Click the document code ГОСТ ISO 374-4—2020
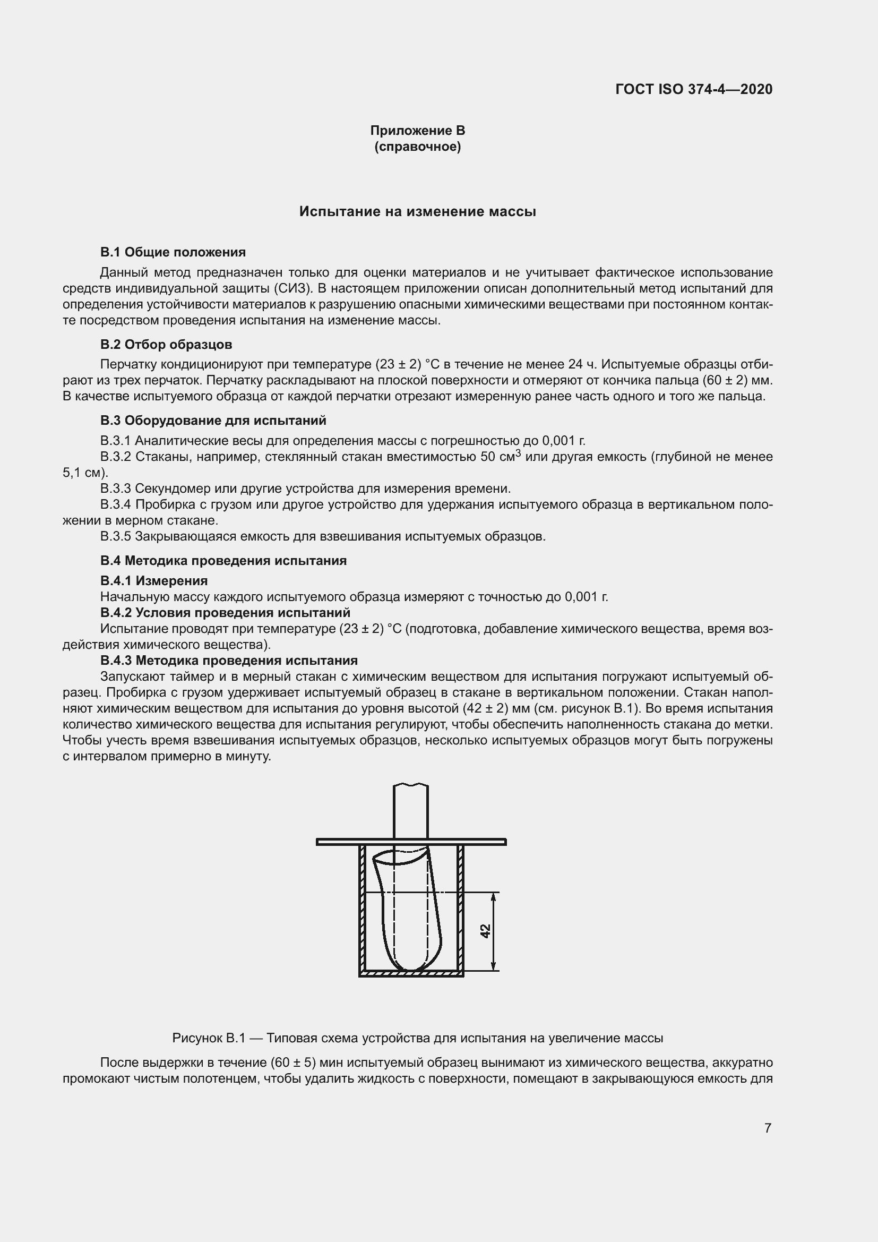(694, 89)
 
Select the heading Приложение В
(417, 131)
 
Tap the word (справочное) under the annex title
(417, 147)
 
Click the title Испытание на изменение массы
(417, 211)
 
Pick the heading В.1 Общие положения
(173, 252)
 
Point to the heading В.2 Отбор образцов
(166, 344)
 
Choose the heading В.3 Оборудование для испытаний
(213, 421)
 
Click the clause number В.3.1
(116, 440)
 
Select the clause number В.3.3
(116, 489)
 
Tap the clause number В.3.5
(116, 536)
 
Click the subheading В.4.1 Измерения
(154, 580)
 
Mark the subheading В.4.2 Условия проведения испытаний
(225, 612)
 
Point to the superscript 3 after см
(518, 453)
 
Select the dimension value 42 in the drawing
(485, 931)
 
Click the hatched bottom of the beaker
(411, 974)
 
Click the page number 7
(768, 1128)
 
